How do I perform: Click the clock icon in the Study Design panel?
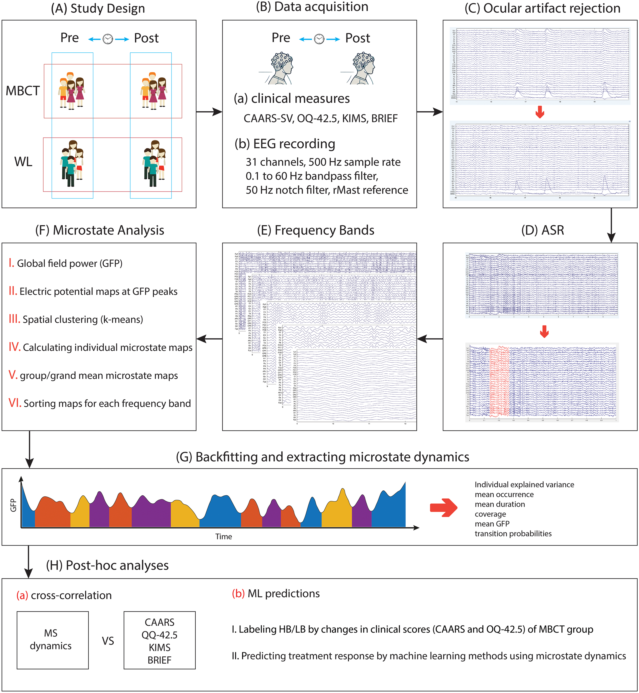(108, 39)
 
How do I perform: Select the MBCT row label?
(23, 91)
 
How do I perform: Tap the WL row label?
(23, 162)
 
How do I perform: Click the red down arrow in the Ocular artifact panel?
(540, 112)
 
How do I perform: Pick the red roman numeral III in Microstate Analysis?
(14, 319)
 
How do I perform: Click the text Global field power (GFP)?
(70, 264)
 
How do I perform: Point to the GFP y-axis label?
(13, 505)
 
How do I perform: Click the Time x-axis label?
(223, 536)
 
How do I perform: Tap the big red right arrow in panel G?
(443, 508)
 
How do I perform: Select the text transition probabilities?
(513, 534)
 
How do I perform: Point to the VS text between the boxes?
(108, 641)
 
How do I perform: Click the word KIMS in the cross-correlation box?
(159, 647)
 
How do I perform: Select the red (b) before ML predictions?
(238, 594)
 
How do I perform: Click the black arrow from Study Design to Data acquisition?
(209, 112)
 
